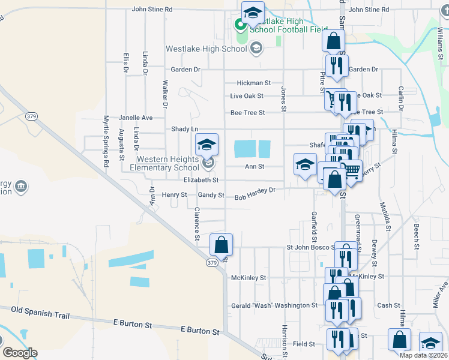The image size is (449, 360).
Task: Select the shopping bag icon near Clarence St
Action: tap(221, 244)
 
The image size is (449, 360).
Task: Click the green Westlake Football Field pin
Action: tap(239, 25)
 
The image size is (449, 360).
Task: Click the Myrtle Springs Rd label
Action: tap(106, 141)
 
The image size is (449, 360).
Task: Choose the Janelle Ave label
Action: tap(136, 118)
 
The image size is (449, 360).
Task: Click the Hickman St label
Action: tap(254, 83)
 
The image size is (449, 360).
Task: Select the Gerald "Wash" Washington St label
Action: tap(274, 305)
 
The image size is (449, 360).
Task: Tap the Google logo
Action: tap(19, 353)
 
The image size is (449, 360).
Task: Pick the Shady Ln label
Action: tap(184, 129)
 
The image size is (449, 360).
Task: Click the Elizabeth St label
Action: tap(201, 179)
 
